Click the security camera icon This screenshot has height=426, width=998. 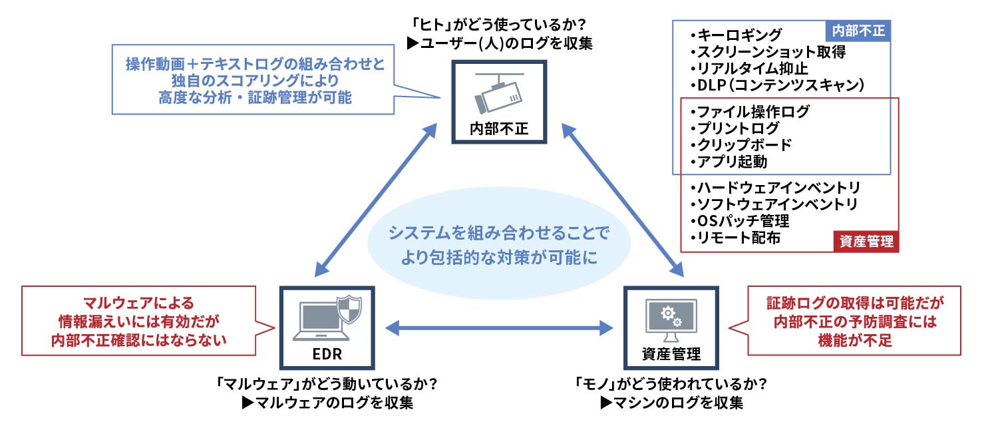tap(498, 94)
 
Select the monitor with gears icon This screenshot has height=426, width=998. tap(671, 317)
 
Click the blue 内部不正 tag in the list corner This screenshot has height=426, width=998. tap(858, 31)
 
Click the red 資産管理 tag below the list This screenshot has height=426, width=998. tap(866, 242)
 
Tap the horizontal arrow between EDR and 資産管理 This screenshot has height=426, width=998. tap(500, 327)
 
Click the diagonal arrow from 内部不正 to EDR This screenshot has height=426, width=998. tap(375, 199)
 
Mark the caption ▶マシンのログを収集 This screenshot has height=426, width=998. tap(671, 403)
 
